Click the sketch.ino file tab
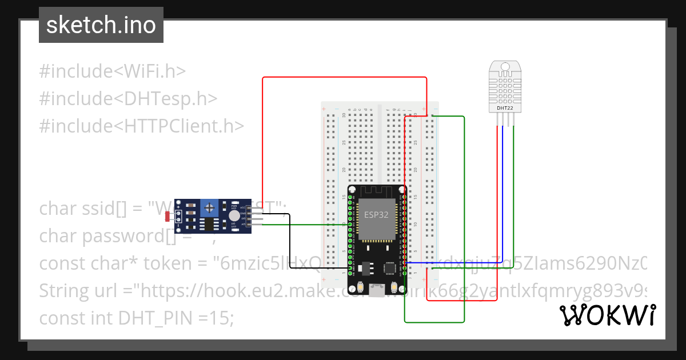(101, 25)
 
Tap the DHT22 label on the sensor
(504, 107)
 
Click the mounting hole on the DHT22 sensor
(505, 66)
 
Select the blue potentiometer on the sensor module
(211, 207)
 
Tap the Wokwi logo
(607, 315)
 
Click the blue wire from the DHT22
(502, 194)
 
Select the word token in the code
(177, 263)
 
